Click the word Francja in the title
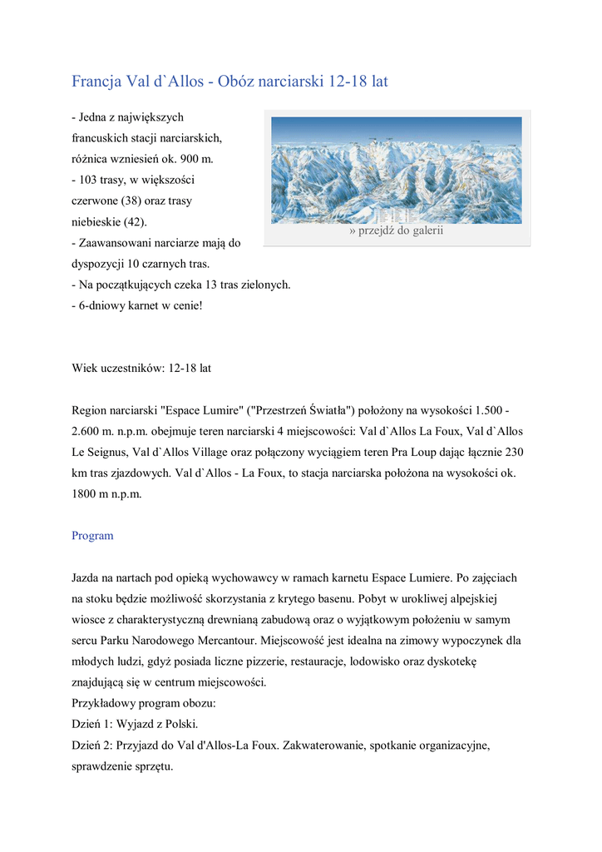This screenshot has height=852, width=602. [x=96, y=82]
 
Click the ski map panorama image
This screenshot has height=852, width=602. [x=397, y=170]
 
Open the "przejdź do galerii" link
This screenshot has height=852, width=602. [x=397, y=230]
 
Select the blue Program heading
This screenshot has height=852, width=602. [x=92, y=536]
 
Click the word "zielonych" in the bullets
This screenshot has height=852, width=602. [x=264, y=285]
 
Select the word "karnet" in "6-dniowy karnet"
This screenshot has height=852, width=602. [x=147, y=305]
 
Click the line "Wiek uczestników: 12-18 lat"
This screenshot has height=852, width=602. [x=146, y=367]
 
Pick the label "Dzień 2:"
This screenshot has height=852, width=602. [x=92, y=746]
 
